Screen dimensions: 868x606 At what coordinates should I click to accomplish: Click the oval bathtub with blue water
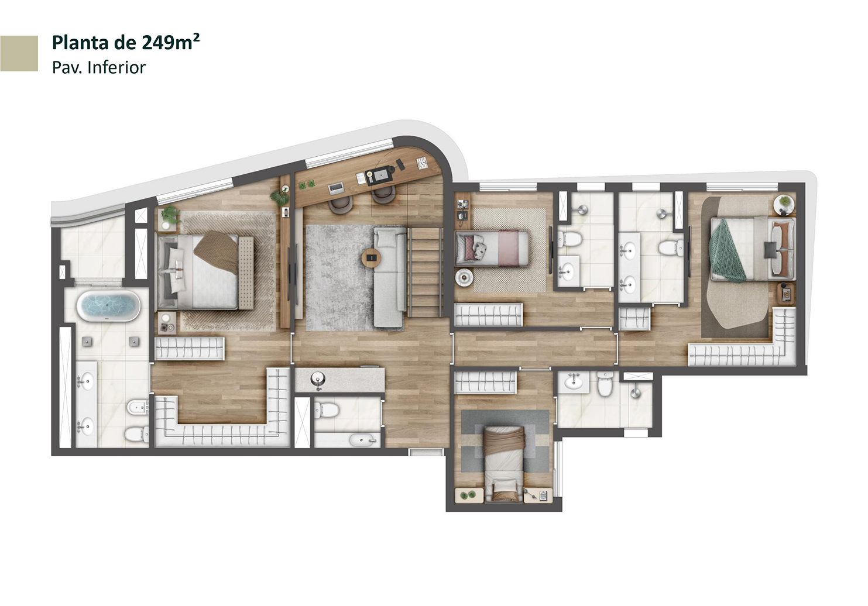108,306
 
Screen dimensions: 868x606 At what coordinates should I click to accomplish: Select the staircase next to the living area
425,272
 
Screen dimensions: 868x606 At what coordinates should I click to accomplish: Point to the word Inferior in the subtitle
116,67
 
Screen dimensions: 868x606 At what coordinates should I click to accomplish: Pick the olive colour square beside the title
19,53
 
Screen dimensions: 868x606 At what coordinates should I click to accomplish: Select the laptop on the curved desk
335,188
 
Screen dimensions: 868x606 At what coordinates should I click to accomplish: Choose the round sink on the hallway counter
318,378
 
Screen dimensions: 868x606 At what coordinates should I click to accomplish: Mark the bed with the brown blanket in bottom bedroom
503,463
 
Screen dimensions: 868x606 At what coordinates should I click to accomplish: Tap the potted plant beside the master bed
170,215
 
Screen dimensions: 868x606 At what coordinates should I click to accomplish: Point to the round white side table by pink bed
464,278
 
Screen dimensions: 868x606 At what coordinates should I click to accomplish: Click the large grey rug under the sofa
352,278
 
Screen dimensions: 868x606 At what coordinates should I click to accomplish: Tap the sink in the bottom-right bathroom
573,383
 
